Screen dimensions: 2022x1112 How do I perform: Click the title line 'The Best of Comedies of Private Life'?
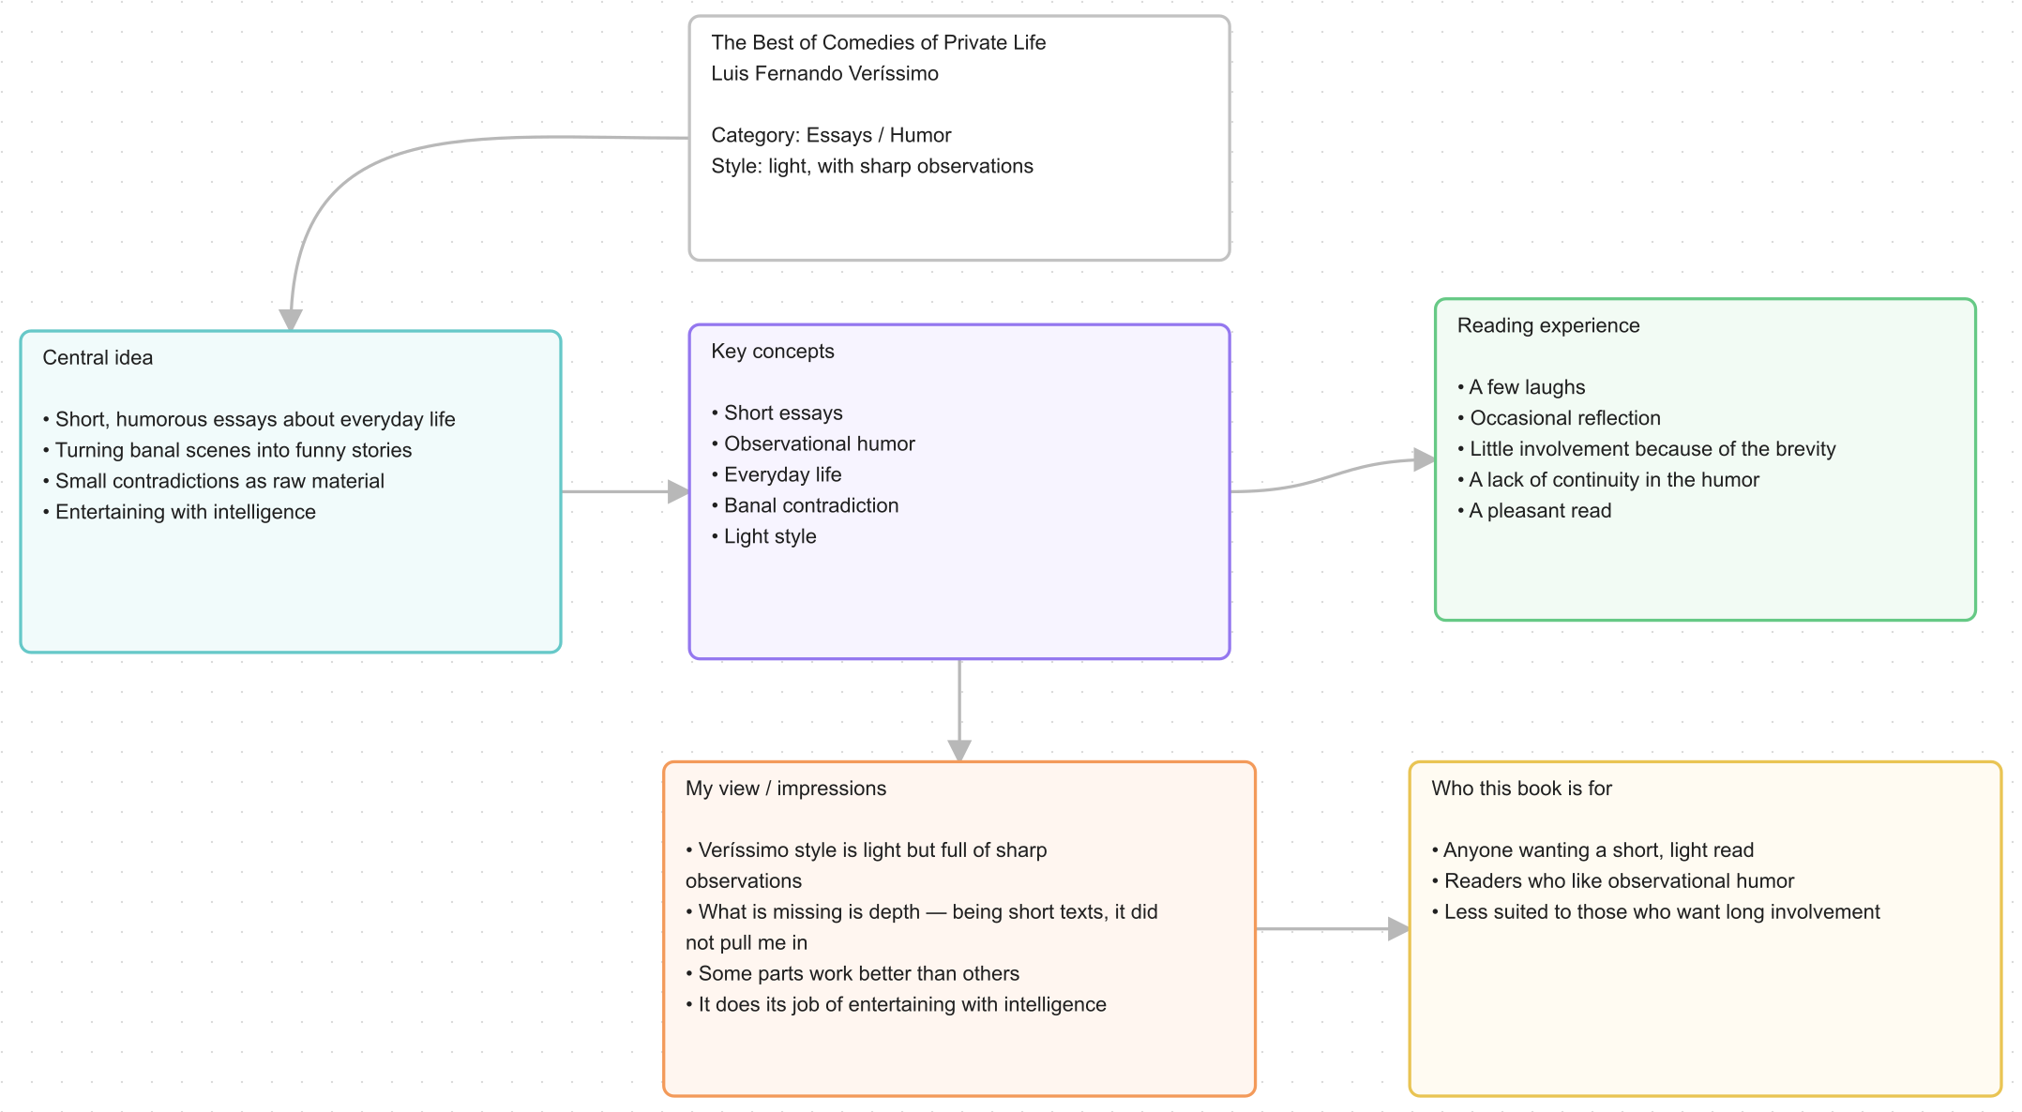tap(878, 42)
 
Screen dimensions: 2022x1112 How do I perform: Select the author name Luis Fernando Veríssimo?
tap(824, 73)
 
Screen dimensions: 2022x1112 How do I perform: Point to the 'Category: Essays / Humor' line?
tap(831, 135)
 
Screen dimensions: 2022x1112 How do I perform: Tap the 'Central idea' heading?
tap(98, 357)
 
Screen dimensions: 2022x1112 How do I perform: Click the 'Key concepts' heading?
tap(773, 351)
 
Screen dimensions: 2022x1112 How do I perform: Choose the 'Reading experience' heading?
tap(1548, 325)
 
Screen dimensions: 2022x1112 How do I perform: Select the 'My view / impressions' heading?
tap(786, 789)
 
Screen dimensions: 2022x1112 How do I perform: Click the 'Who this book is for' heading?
tap(1521, 789)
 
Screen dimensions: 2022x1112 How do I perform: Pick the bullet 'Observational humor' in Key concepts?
tap(813, 443)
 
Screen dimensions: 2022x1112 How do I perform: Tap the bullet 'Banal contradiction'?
tap(805, 505)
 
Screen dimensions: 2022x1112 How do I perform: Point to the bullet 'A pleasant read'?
tap(1534, 511)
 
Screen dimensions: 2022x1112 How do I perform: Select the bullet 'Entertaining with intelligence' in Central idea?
tap(179, 512)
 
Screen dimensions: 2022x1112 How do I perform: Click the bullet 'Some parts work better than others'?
tap(853, 973)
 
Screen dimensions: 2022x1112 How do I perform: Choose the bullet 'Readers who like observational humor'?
tap(1612, 881)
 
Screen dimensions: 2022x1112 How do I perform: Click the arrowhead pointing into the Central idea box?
tap(291, 320)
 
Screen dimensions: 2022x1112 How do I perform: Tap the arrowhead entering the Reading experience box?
tap(1425, 459)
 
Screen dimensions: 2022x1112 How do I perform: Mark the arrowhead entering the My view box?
tap(959, 750)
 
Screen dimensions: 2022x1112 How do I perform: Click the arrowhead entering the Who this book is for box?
tap(1398, 929)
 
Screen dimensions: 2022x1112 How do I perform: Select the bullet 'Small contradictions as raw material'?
tap(214, 481)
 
